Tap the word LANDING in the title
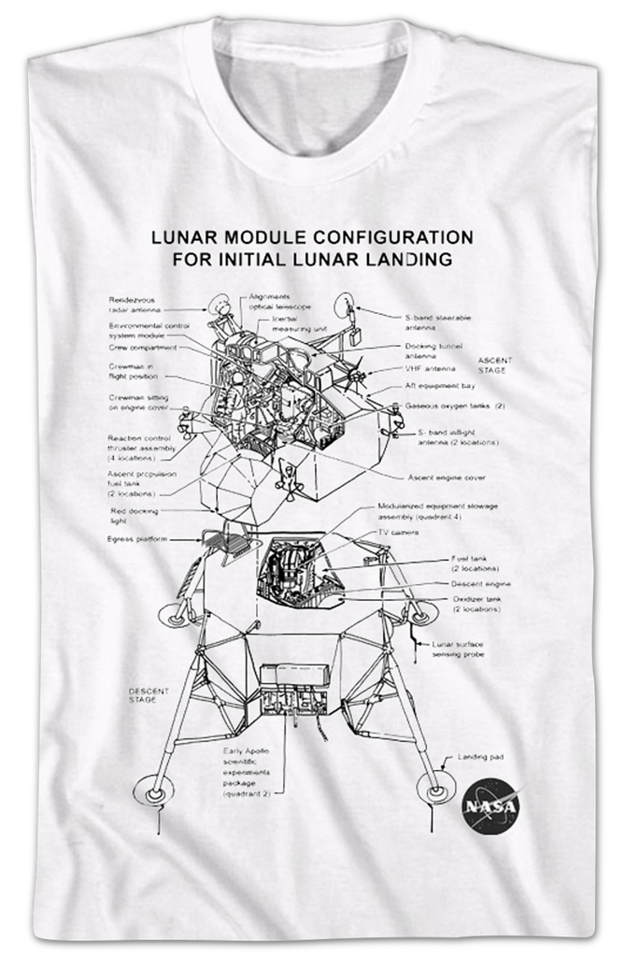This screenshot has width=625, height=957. click(x=416, y=259)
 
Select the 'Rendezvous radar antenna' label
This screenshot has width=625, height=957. click(x=135, y=304)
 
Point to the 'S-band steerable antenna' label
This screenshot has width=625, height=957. click(x=437, y=322)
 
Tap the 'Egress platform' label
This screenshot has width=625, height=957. click(x=136, y=539)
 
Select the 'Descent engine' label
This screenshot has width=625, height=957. click(x=480, y=584)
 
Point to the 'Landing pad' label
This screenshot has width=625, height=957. click(x=480, y=756)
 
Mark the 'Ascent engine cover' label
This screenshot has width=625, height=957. click(x=447, y=478)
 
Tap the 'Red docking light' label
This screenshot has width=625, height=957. click(x=134, y=516)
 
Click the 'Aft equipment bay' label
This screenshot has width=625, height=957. click(x=441, y=386)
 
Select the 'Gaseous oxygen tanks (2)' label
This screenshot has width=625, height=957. click(x=454, y=406)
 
